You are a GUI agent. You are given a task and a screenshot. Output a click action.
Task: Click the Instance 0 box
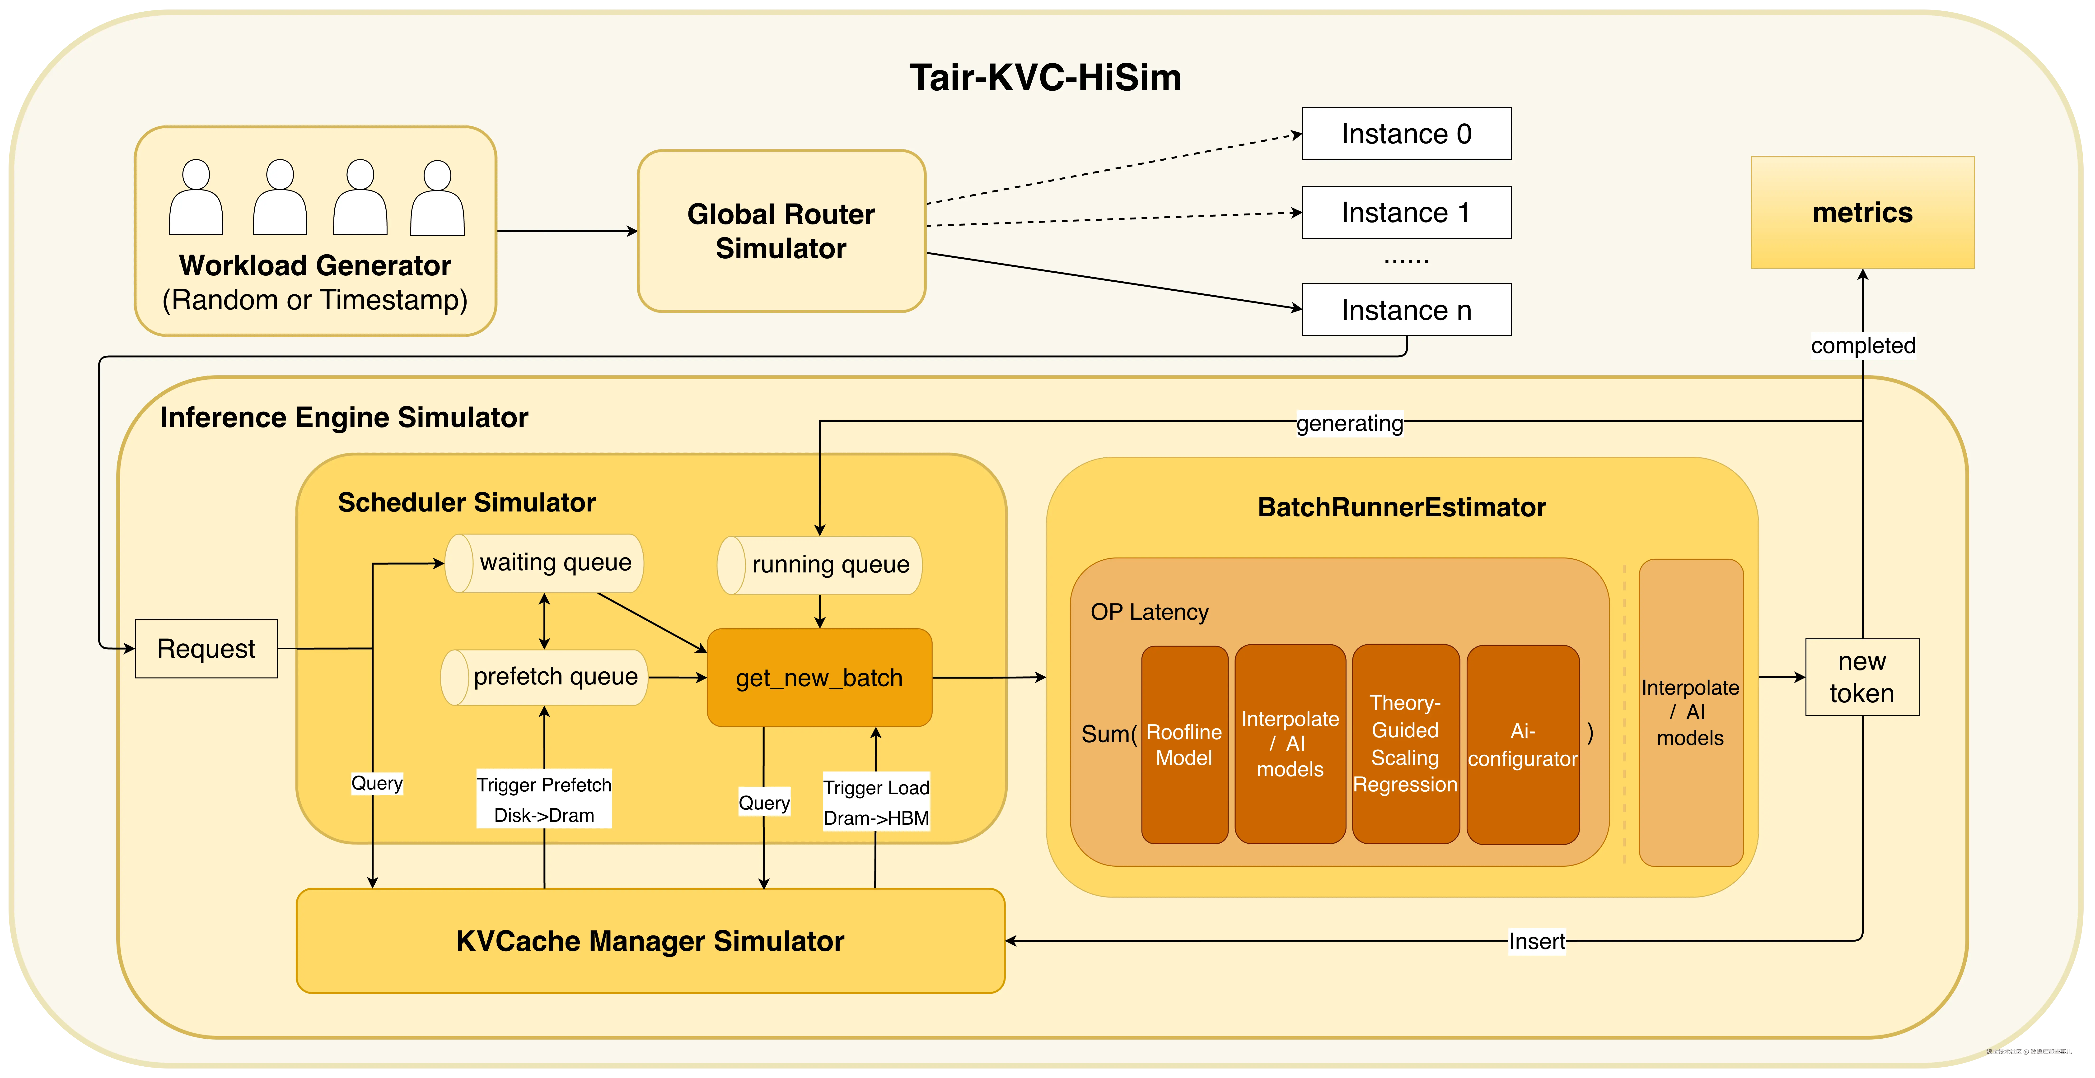click(1406, 133)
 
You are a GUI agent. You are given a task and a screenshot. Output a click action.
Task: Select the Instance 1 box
click(1406, 212)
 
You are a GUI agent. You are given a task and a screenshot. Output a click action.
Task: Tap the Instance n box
click(1406, 310)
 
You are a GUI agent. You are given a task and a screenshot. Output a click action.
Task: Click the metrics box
click(1861, 212)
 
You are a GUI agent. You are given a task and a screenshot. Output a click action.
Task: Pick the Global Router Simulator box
click(781, 231)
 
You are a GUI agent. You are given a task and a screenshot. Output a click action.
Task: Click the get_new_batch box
click(819, 677)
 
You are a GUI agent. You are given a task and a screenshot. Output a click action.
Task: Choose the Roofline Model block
click(1184, 745)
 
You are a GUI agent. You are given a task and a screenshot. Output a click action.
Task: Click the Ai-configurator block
click(1522, 745)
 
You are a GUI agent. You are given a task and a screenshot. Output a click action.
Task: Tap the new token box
click(1861, 677)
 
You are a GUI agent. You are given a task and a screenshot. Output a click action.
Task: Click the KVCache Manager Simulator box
click(650, 941)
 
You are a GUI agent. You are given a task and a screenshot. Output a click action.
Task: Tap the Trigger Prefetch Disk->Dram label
click(544, 799)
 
